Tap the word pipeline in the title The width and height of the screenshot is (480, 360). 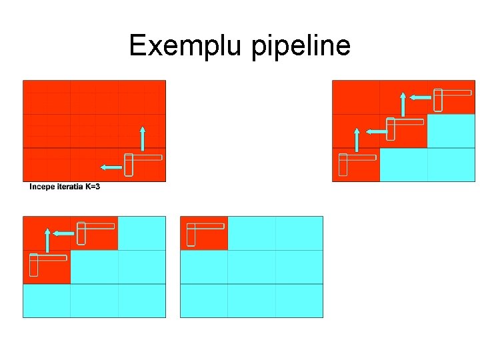[301, 47]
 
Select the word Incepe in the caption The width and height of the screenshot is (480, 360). [42, 187]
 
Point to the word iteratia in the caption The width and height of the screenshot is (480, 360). [70, 187]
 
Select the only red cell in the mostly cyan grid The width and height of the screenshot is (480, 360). [204, 233]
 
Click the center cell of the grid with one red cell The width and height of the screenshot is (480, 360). [251, 267]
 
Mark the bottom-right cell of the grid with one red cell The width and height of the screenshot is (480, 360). [299, 301]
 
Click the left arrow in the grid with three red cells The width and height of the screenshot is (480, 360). [63, 233]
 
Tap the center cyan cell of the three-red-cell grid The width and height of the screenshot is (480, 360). [94, 267]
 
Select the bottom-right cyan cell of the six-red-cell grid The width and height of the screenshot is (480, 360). [451, 165]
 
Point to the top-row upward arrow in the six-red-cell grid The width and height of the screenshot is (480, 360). [403, 104]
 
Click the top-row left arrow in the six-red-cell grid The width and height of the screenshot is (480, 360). [420, 97]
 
